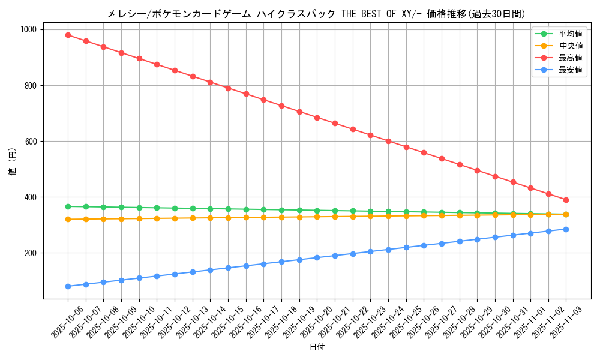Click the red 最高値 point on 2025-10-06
pyautogui.click(x=68, y=35)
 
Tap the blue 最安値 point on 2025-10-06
pyautogui.click(x=68, y=286)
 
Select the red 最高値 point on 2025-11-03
pyautogui.click(x=566, y=200)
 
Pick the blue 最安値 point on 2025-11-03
pyautogui.click(x=566, y=229)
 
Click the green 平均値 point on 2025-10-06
pyautogui.click(x=68, y=206)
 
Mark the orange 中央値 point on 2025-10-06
pyautogui.click(x=68, y=219)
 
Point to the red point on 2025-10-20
pyautogui.click(x=317, y=118)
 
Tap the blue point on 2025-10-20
pyautogui.click(x=317, y=257)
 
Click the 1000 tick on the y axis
pyautogui.click(x=28, y=29)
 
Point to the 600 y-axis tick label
pyautogui.click(x=30, y=142)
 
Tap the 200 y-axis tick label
pyautogui.click(x=30, y=253)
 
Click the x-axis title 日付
pyautogui.click(x=317, y=347)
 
